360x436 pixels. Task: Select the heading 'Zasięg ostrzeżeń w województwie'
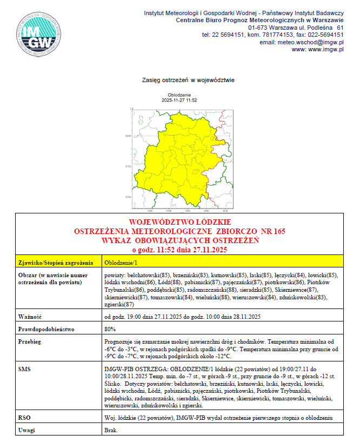[188, 80]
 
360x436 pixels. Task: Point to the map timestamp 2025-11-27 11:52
[179, 100]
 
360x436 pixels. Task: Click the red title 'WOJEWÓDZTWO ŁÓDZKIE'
[180, 223]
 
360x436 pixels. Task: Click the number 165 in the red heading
[279, 231]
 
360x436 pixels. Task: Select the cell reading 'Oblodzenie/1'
[118, 263]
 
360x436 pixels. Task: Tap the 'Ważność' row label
[30, 316]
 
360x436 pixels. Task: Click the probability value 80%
[110, 328]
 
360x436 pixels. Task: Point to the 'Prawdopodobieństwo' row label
[46, 328]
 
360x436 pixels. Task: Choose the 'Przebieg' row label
[30, 342]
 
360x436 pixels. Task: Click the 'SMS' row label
[24, 368]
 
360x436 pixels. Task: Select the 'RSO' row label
[24, 417]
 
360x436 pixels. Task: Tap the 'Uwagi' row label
[26, 430]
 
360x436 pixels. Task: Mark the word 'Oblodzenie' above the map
[179, 95]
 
